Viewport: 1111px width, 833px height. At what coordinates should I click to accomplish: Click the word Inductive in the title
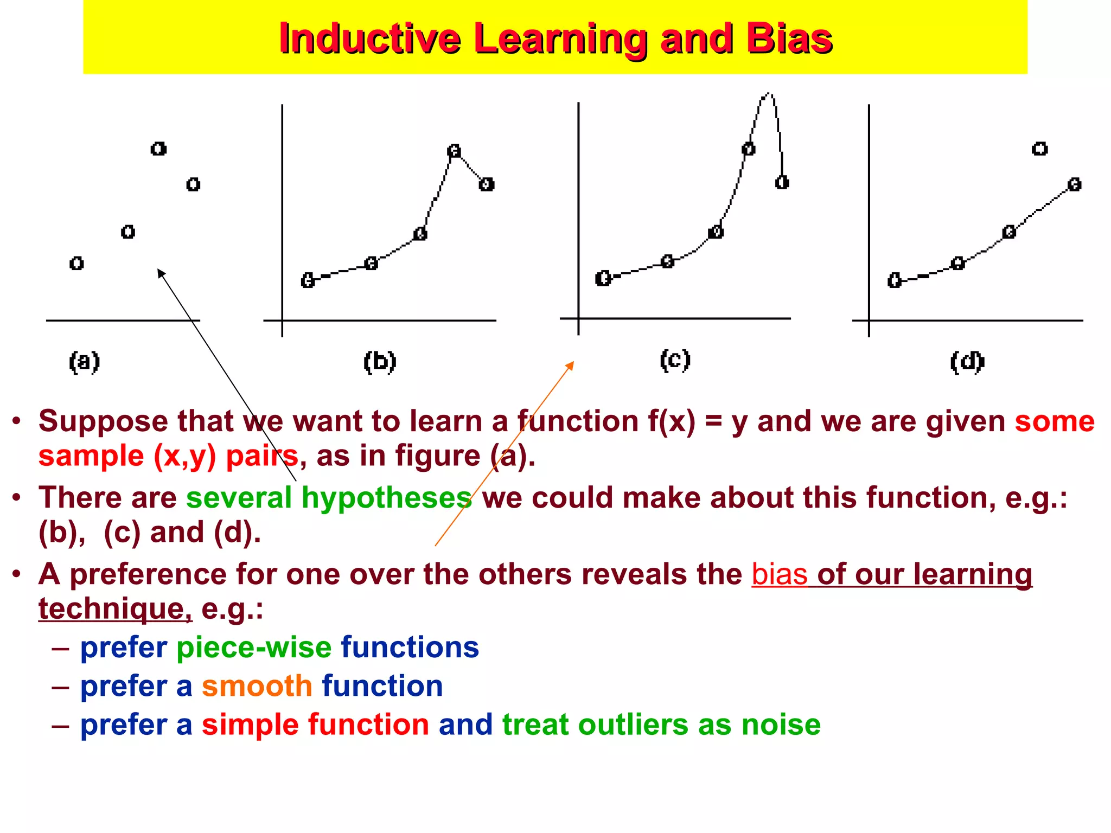click(x=369, y=39)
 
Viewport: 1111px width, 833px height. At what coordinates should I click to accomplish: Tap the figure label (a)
click(x=85, y=362)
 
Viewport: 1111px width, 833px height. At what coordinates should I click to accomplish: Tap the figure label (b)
click(x=380, y=362)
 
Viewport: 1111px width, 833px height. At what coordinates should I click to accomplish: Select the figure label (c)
click(x=675, y=360)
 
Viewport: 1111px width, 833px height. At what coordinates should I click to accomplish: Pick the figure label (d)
click(x=967, y=362)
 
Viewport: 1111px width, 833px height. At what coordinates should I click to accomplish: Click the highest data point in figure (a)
click(x=158, y=149)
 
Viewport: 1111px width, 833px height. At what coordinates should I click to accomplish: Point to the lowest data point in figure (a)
click(x=76, y=264)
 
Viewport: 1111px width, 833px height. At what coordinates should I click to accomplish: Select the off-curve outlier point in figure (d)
click(x=1039, y=149)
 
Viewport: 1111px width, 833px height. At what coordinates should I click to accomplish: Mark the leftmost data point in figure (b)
click(x=308, y=280)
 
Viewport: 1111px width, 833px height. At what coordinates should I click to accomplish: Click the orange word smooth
click(x=257, y=686)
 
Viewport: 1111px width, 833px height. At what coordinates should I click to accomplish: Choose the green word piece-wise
click(x=254, y=648)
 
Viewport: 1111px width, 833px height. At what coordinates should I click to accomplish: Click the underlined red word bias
click(x=779, y=574)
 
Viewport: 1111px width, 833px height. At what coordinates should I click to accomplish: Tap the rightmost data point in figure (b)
click(x=486, y=184)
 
